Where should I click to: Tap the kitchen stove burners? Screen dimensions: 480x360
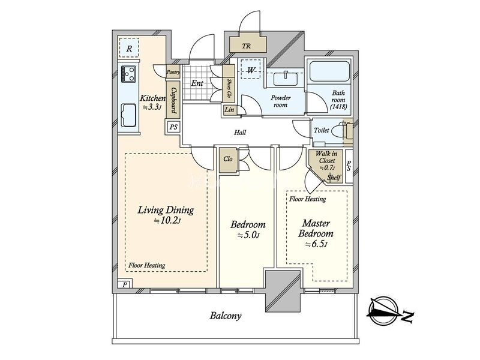tap(128, 74)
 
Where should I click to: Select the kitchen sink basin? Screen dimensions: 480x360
tap(128, 115)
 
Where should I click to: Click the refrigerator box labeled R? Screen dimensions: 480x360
tap(129, 48)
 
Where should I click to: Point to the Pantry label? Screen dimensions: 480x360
tap(173, 72)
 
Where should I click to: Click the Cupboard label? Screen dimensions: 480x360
tap(173, 100)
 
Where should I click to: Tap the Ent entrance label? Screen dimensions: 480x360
tap(197, 83)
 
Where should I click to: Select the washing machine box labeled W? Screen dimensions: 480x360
tap(251, 70)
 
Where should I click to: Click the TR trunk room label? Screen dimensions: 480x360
tap(246, 46)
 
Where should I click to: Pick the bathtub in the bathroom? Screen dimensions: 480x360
tap(329, 71)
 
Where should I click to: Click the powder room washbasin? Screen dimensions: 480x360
tap(286, 79)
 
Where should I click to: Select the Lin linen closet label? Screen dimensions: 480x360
tap(229, 110)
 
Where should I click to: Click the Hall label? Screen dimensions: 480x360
tap(240, 133)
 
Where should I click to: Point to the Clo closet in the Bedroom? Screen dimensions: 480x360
tap(228, 159)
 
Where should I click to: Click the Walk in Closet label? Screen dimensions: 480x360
tap(326, 157)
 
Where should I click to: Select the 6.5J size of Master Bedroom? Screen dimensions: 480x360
tap(316, 244)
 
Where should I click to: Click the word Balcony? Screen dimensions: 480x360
tap(226, 316)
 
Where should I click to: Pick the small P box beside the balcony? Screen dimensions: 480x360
tap(125, 284)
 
